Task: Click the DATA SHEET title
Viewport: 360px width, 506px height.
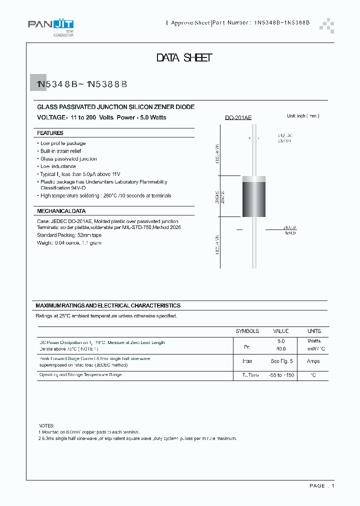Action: tap(184, 58)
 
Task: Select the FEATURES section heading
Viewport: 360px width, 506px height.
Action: tap(50, 133)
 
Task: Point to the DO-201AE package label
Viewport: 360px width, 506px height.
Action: tap(238, 117)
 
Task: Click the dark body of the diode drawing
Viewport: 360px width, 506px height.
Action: tap(253, 200)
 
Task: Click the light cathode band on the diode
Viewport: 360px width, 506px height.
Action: tap(253, 179)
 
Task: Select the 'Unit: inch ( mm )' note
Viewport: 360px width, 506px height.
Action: tap(302, 116)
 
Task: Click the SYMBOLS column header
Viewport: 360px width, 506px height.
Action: tap(247, 331)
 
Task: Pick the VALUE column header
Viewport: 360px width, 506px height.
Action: tap(280, 331)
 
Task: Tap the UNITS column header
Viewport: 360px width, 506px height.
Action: tap(314, 331)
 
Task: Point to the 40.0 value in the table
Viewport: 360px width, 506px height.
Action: tap(280, 349)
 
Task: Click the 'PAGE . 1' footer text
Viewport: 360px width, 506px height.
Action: tap(321, 485)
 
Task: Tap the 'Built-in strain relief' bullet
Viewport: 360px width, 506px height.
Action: tap(60, 151)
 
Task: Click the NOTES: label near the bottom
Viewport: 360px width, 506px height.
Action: tap(46, 424)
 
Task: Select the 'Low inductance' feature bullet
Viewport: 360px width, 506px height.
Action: tap(58, 166)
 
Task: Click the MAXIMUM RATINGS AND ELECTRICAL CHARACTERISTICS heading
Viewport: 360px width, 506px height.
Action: tap(108, 305)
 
